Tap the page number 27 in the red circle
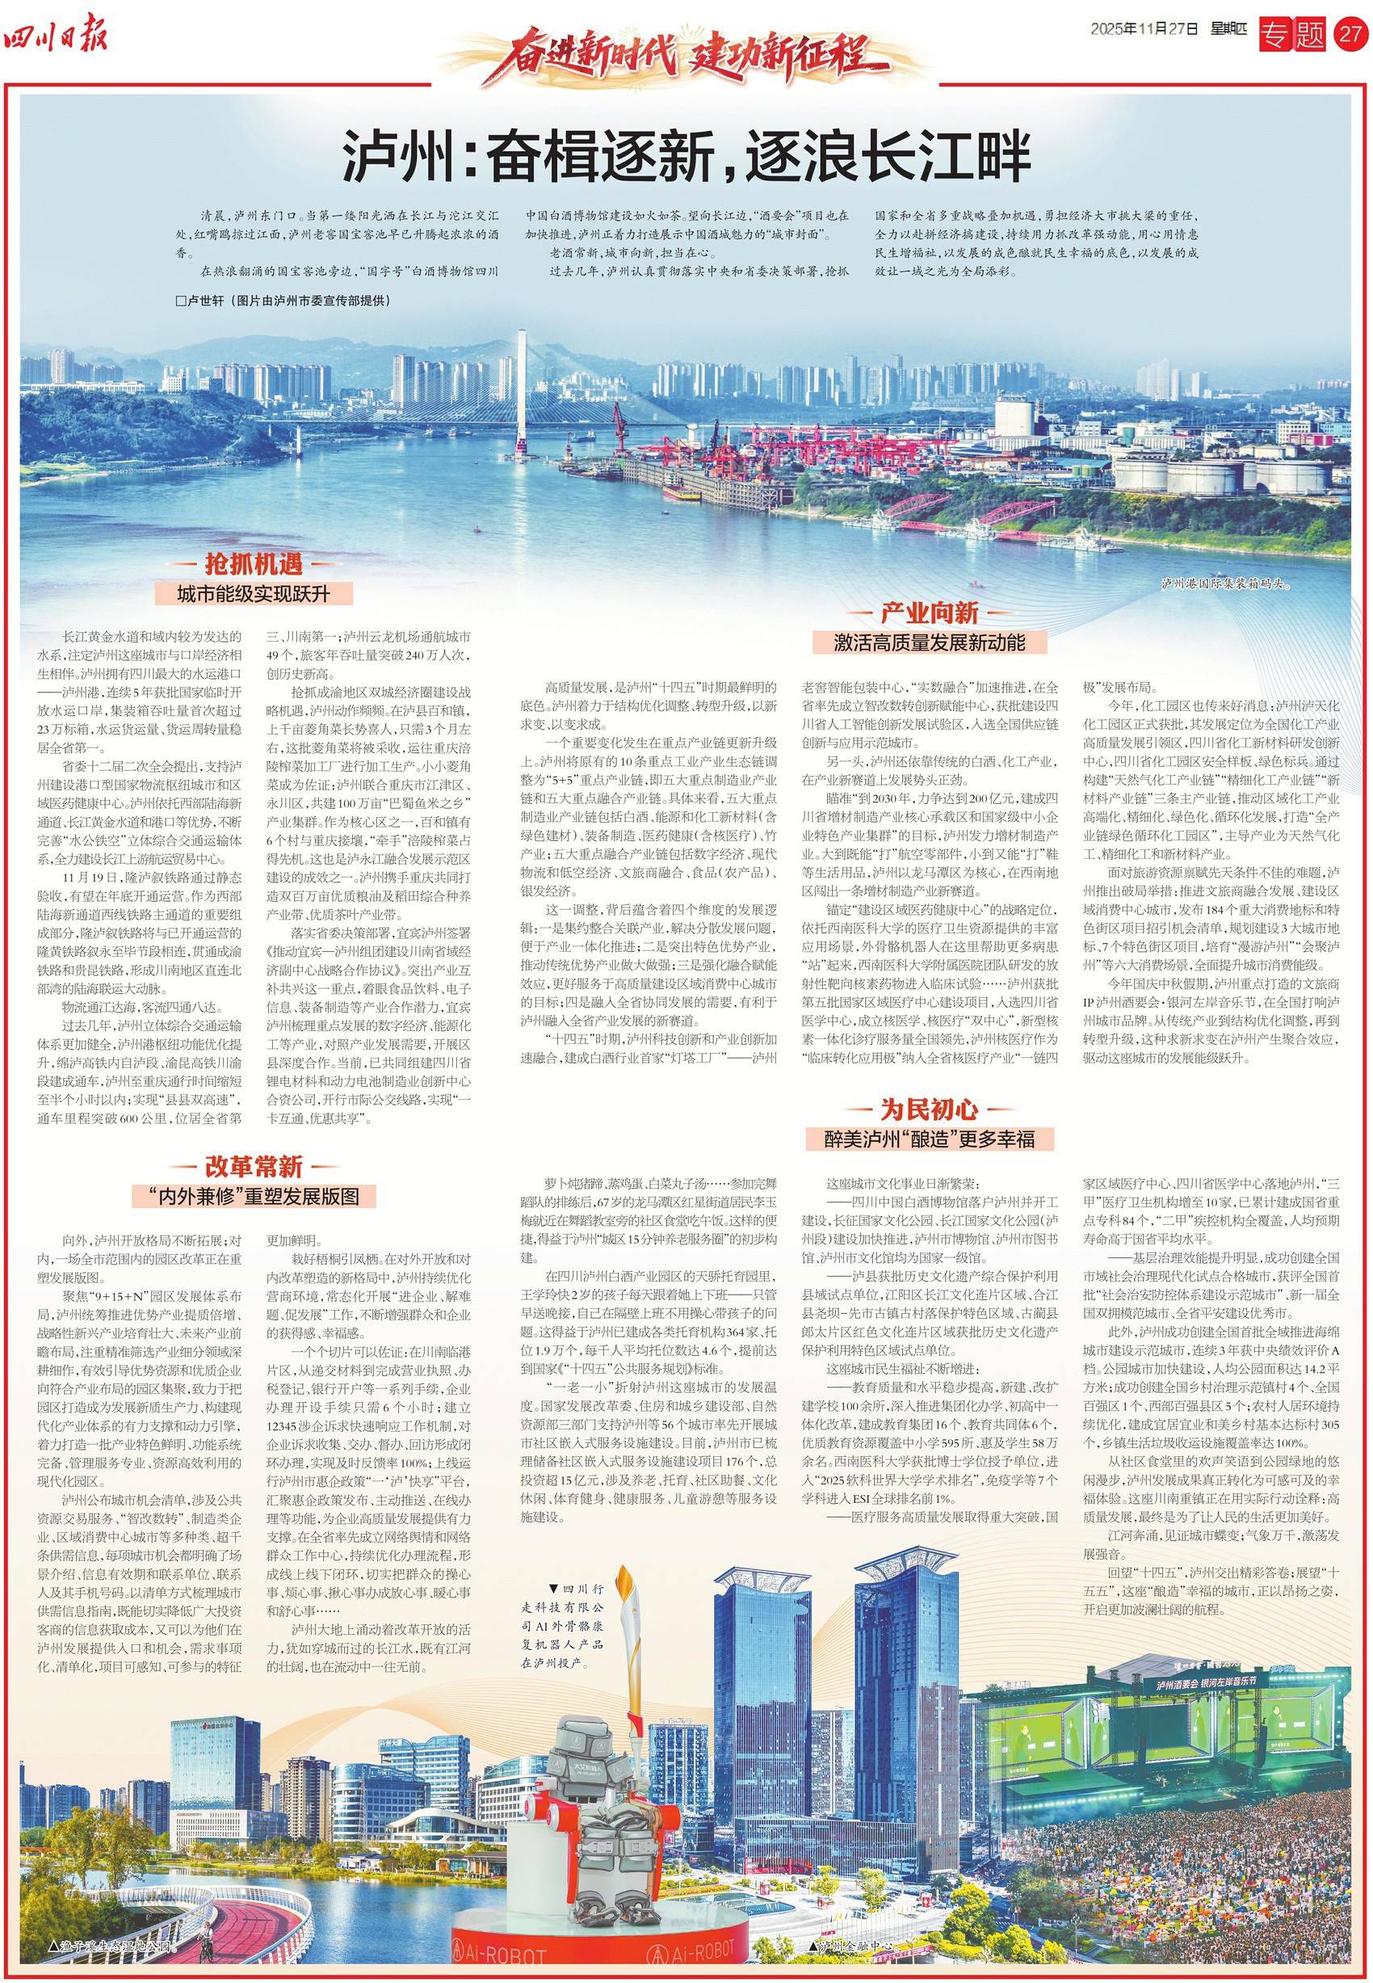[1349, 36]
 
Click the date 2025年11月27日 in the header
[1144, 29]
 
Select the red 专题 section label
[1293, 36]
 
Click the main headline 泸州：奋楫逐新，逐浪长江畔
[686, 156]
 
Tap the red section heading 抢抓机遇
[253, 564]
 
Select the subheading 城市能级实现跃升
[253, 593]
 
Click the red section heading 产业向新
[929, 613]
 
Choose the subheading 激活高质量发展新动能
[929, 642]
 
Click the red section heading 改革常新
[253, 1166]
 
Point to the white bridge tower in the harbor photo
[521, 387]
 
